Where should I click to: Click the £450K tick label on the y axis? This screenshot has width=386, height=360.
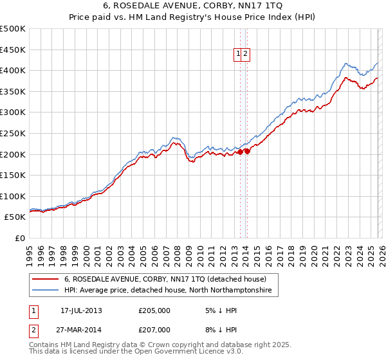click(x=13, y=50)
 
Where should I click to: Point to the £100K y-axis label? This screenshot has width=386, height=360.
click(x=13, y=196)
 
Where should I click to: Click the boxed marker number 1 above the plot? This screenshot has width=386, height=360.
click(x=238, y=55)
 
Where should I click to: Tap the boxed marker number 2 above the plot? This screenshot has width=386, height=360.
click(x=246, y=55)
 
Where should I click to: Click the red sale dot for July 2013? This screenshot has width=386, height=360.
click(x=240, y=152)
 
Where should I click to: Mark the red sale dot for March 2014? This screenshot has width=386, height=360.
click(x=248, y=152)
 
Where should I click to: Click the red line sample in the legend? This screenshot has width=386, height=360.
click(x=45, y=280)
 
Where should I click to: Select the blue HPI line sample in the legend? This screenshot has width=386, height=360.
click(x=45, y=291)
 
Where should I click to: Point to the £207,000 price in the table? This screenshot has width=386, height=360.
click(x=154, y=329)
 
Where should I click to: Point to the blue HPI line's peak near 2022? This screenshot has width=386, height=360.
click(x=346, y=63)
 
